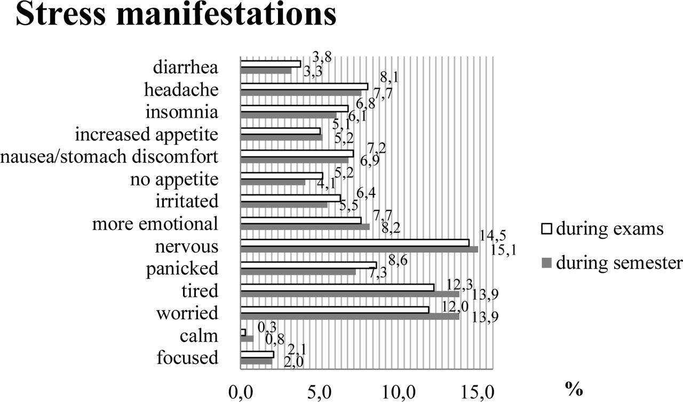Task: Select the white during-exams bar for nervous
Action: tap(355, 243)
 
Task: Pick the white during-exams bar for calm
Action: tap(243, 332)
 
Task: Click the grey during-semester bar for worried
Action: tap(350, 317)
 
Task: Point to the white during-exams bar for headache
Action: tap(304, 86)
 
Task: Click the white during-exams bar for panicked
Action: tap(308, 265)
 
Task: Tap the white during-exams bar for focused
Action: tap(257, 354)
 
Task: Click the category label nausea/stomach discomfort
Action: tap(109, 157)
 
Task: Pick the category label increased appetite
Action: tap(146, 135)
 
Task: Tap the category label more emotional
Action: tap(155, 224)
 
